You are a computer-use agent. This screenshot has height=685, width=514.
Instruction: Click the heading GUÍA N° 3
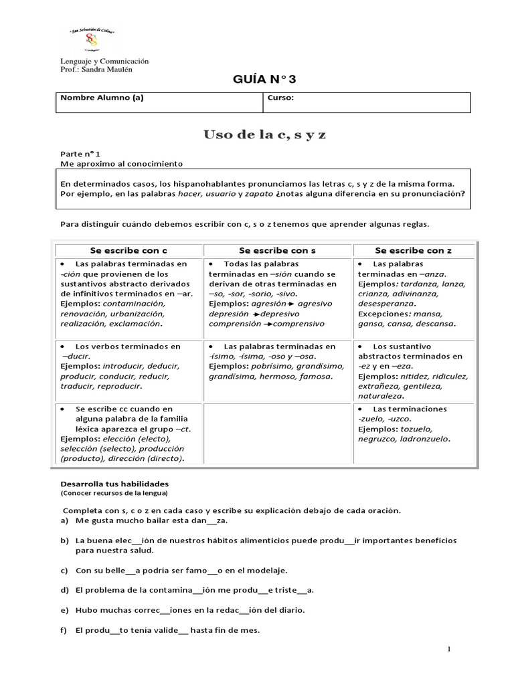263,80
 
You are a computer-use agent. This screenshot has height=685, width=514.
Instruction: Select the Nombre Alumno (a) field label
102,98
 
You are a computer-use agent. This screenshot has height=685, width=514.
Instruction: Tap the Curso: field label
280,98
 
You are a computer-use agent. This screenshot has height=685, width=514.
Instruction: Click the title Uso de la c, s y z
265,136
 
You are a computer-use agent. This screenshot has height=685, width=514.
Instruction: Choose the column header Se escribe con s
276,250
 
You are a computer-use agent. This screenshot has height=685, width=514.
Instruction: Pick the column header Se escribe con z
413,250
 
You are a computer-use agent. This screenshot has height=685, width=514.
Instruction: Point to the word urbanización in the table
137,313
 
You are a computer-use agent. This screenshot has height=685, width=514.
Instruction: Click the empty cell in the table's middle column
277,433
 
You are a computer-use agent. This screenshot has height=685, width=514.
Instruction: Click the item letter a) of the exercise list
65,520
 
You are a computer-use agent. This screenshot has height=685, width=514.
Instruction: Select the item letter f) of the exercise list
64,630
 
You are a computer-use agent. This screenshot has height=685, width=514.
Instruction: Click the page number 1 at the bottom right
450,650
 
